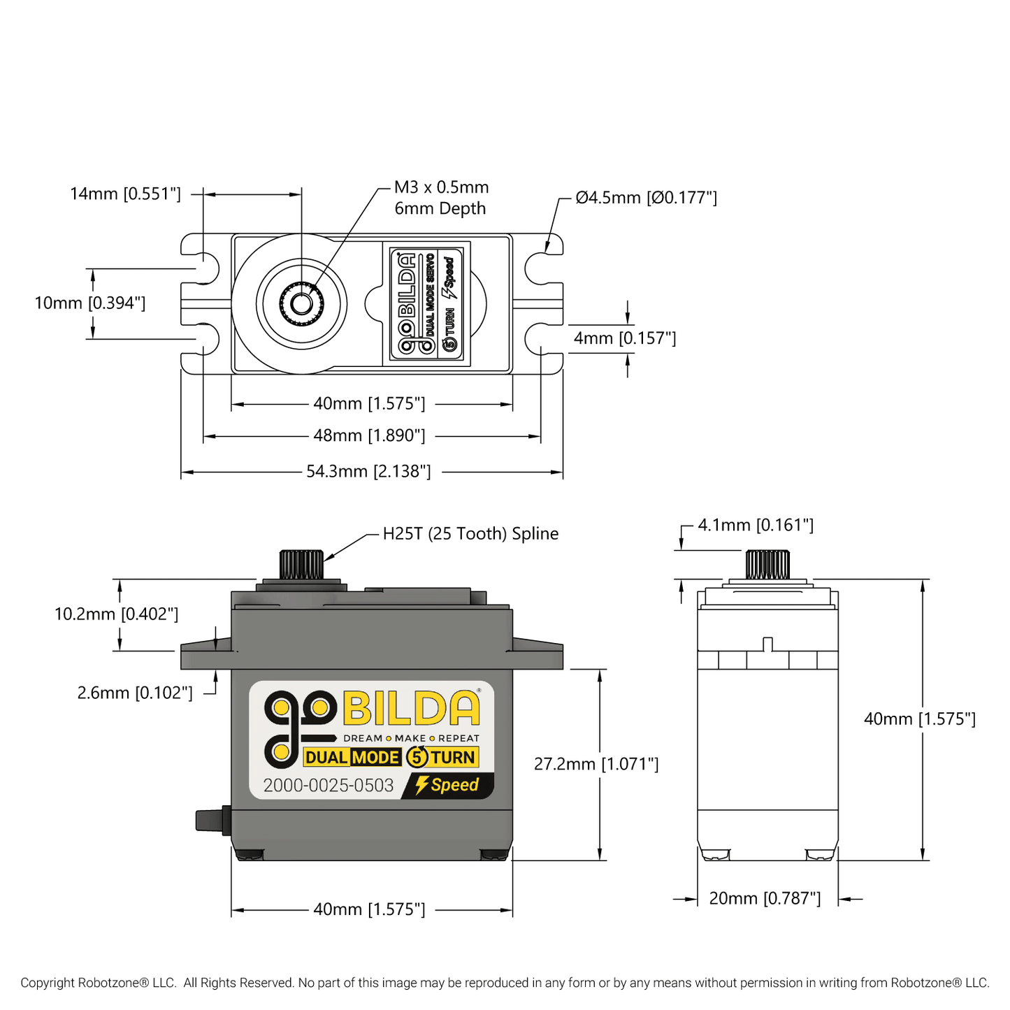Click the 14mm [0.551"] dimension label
125,194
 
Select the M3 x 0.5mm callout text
441,187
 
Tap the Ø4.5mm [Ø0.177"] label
646,198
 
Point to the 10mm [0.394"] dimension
90,303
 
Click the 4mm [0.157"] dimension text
624,338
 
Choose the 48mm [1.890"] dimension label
369,435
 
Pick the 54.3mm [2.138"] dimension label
368,471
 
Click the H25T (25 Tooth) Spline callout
470,534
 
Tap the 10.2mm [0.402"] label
116,614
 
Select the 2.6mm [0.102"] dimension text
135,693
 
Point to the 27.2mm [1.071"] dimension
596,764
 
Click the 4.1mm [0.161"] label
756,525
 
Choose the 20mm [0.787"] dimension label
765,898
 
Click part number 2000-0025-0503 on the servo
329,786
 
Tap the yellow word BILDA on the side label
412,708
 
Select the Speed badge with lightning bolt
447,785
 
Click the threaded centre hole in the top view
301,304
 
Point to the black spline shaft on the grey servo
301,565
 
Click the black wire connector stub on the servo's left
212,820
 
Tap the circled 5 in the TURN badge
417,757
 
